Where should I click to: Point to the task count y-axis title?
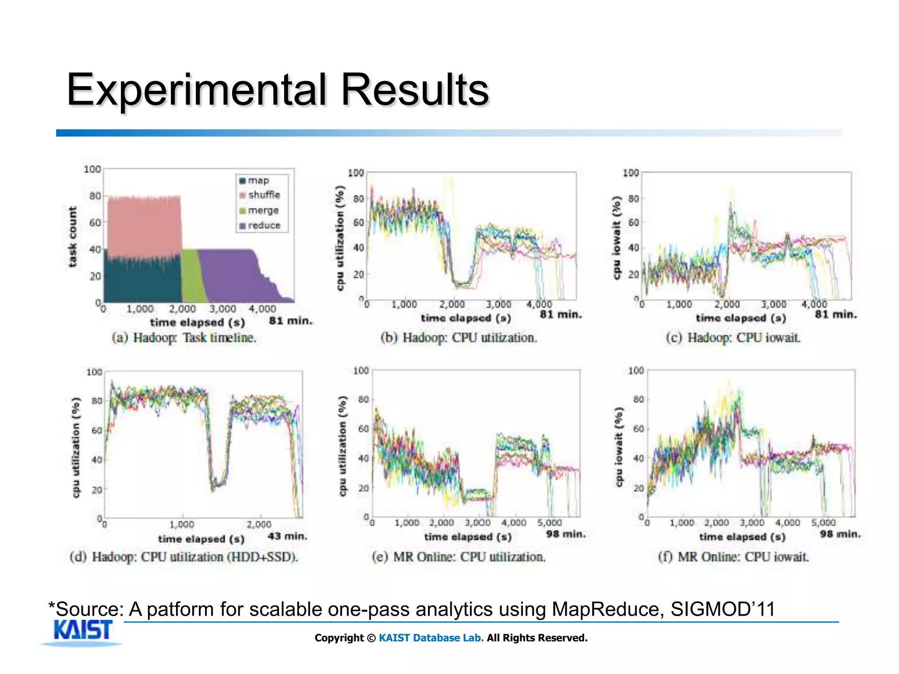pyautogui.click(x=72, y=237)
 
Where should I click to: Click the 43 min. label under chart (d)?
pyautogui.click(x=288, y=536)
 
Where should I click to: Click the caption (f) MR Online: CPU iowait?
pyautogui.click(x=733, y=557)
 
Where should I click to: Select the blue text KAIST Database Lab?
pyautogui.click(x=431, y=638)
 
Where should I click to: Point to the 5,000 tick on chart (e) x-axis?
pyautogui.click(x=550, y=523)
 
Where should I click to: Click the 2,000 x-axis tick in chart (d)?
pyautogui.click(x=259, y=524)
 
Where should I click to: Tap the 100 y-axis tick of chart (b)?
pyautogui.click(x=356, y=173)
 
